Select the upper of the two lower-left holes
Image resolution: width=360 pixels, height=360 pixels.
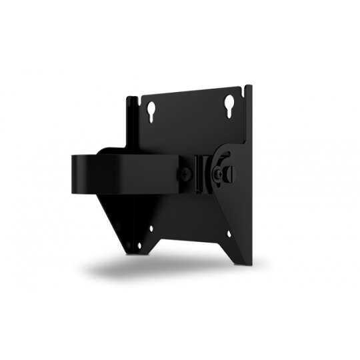coord(151,228)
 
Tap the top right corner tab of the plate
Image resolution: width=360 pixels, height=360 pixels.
coord(249,89)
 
